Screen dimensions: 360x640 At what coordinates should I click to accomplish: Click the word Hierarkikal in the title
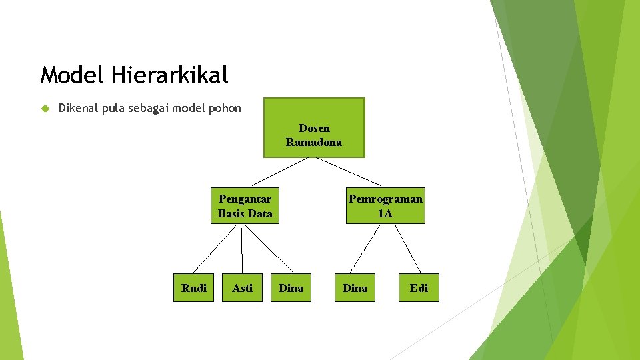pos(170,75)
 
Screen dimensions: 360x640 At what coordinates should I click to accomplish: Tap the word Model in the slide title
pos(71,75)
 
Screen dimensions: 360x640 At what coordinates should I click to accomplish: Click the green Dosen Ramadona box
pos(314,127)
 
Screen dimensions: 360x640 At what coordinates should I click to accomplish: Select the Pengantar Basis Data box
pos(245,206)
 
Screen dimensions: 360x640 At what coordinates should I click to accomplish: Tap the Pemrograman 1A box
pos(385,206)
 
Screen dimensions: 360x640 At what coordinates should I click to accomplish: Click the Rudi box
pos(194,288)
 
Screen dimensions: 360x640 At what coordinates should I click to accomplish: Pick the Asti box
pos(243,288)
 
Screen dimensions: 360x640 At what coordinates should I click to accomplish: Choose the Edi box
pos(419,288)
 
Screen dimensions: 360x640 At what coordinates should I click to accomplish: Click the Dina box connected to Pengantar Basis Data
pos(291,288)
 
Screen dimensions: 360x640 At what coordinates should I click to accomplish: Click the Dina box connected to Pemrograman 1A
pos(355,288)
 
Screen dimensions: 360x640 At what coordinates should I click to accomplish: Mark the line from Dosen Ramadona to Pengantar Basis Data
pos(280,171)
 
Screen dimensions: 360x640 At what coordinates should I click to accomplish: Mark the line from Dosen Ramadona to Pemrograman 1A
pos(348,171)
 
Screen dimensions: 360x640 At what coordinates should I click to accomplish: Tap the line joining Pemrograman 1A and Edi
pos(408,249)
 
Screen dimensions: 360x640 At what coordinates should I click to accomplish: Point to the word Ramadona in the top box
pos(314,142)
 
